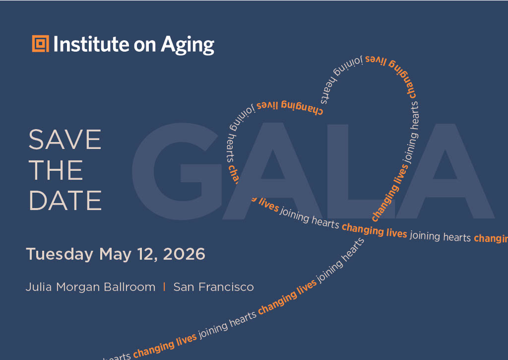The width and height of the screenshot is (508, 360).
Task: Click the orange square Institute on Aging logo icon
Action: point(41,44)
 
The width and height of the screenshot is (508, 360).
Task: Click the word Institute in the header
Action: point(91,44)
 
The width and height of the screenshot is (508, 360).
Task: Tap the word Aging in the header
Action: point(188,45)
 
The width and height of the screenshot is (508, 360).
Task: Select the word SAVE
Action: point(65,140)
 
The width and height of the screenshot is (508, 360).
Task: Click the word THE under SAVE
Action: point(56,170)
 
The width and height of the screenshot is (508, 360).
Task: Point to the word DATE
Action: point(65,201)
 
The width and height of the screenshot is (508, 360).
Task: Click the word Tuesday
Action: point(60,254)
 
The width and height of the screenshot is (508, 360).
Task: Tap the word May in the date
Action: point(115,254)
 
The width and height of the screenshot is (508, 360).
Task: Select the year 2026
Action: point(184,254)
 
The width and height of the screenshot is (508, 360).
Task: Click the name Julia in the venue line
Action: point(39,287)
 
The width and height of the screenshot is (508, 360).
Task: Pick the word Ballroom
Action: point(129,287)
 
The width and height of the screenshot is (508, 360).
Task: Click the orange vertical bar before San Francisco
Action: point(164,287)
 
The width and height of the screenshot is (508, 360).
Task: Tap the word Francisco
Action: point(226,287)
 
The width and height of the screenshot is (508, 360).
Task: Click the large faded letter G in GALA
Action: point(177,171)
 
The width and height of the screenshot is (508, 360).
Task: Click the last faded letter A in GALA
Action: point(445,171)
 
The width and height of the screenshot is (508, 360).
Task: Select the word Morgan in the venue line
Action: point(78,288)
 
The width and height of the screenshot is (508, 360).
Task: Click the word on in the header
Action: point(145,46)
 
